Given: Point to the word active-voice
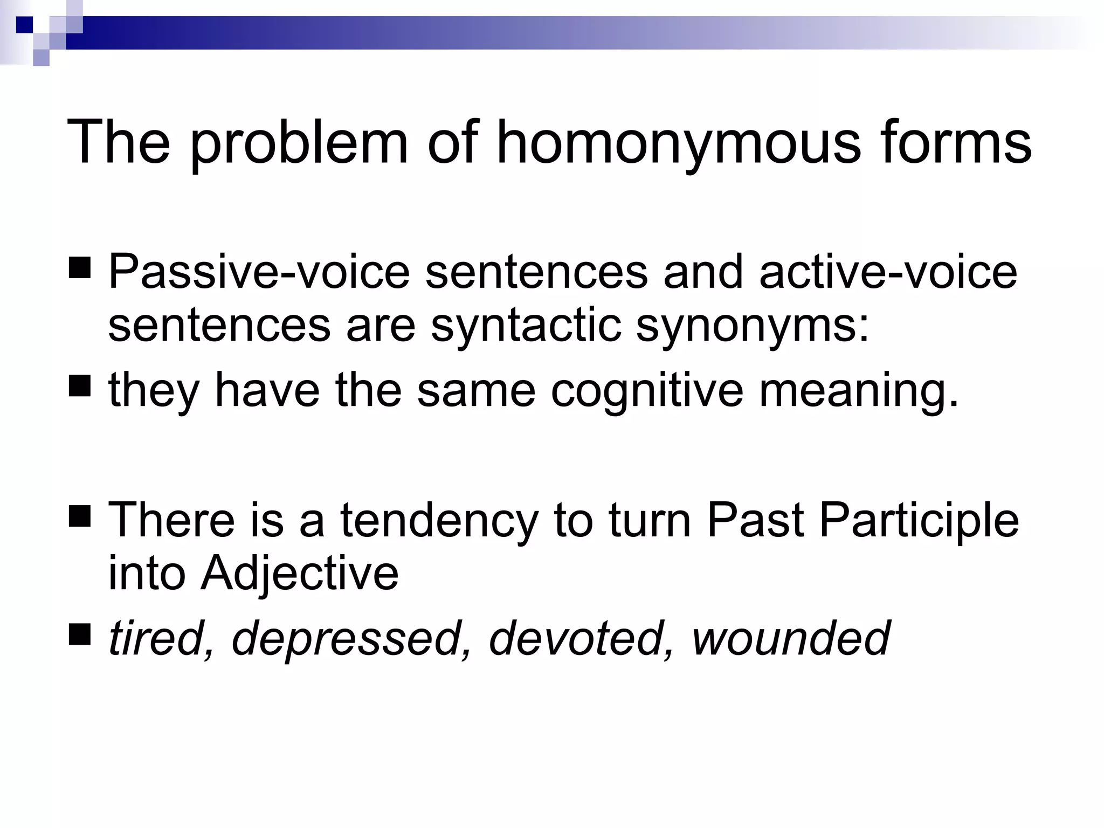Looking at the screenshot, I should [x=888, y=272].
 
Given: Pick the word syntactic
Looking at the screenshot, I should [x=526, y=326].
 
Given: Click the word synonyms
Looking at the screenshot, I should [x=753, y=326].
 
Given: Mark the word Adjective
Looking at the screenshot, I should [x=300, y=573].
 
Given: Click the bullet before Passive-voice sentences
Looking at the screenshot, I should [x=80, y=268].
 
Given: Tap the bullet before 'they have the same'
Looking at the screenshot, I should [x=80, y=387].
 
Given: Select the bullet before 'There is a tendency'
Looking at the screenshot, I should [x=80, y=516].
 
